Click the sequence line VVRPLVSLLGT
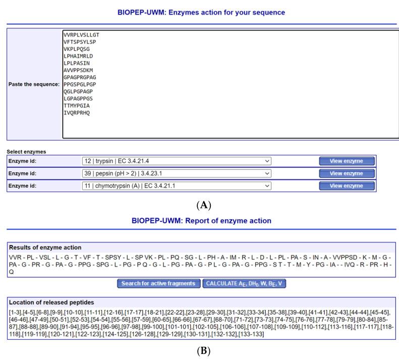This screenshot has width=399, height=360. pos(81,35)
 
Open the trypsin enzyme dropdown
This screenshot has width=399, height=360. pos(177,161)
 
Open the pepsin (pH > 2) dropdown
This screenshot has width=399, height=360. pos(177,173)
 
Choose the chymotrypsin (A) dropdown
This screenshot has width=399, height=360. pos(177,186)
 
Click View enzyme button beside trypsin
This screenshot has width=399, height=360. pos(347,161)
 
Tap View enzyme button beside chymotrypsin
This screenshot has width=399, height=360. pos(347,186)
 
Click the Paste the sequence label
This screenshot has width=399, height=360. pos(34,84)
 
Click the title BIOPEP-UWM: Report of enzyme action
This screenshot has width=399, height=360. pos(201,220)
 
